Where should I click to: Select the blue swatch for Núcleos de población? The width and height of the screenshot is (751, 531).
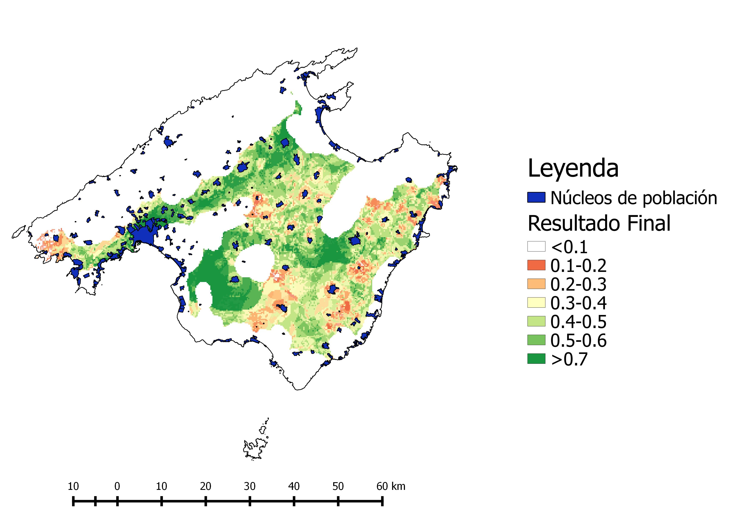pyautogui.click(x=536, y=197)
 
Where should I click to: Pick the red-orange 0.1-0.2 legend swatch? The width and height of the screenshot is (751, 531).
pyautogui.click(x=536, y=265)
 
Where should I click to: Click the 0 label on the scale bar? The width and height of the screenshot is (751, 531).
pyautogui.click(x=117, y=486)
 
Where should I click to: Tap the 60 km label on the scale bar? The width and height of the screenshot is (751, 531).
pyautogui.click(x=391, y=486)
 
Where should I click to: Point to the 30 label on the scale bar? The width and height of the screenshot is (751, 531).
pyautogui.click(x=249, y=486)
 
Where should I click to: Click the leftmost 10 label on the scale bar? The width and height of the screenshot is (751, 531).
pyautogui.click(x=73, y=486)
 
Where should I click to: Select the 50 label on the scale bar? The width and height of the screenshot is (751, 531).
pyautogui.click(x=338, y=486)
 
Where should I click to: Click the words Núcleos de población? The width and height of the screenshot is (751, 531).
pyautogui.click(x=634, y=198)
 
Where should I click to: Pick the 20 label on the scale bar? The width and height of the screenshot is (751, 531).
pyautogui.click(x=205, y=486)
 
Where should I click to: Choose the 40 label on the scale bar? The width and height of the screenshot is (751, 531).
pyautogui.click(x=294, y=486)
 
